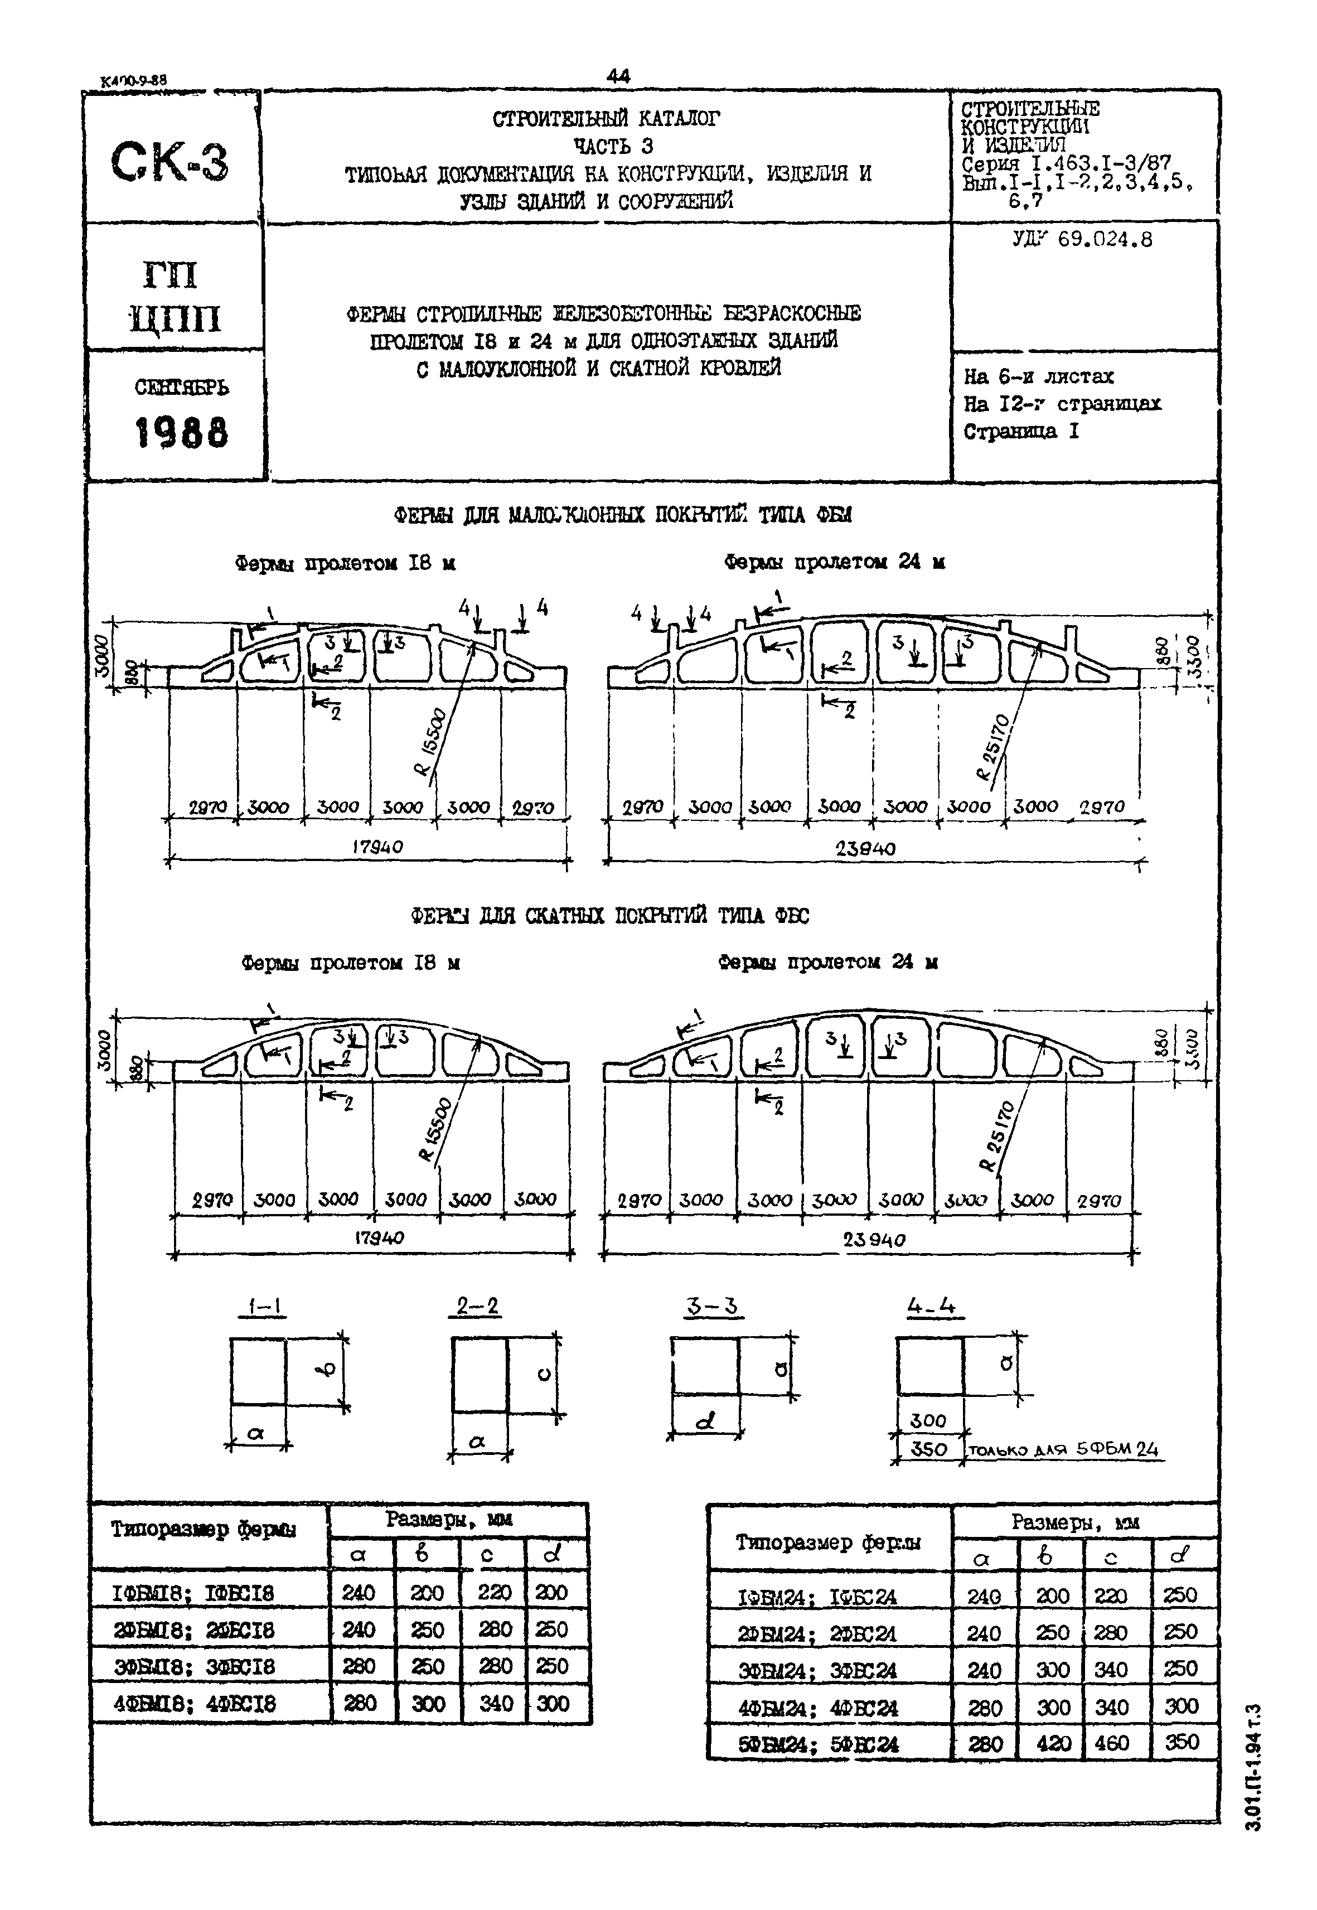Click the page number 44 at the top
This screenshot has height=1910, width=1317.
click(x=617, y=76)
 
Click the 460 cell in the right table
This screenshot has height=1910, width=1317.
click(x=1111, y=1743)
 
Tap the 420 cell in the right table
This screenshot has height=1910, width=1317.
click(x=1053, y=1743)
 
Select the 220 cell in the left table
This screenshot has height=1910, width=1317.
click(x=493, y=1592)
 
